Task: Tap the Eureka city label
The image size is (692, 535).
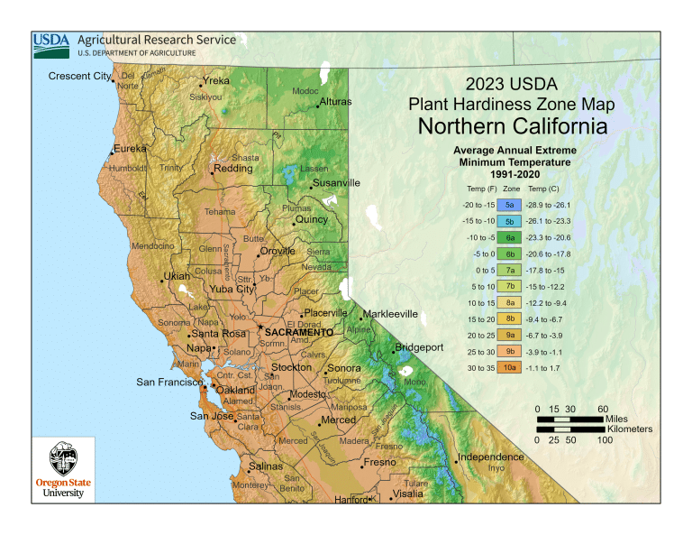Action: (130, 149)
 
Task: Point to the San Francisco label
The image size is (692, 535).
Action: (168, 383)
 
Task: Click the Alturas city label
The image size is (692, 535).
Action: (336, 102)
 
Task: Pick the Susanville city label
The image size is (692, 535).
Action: (336, 183)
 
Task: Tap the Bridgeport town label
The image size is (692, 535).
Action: (419, 347)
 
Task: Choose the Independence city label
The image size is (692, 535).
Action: (491, 457)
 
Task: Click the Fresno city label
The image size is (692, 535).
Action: (379, 463)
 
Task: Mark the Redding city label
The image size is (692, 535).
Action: (233, 169)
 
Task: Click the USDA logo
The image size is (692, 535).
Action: (53, 42)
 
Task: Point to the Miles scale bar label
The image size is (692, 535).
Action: (616, 420)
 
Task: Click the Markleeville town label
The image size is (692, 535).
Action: (391, 314)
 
